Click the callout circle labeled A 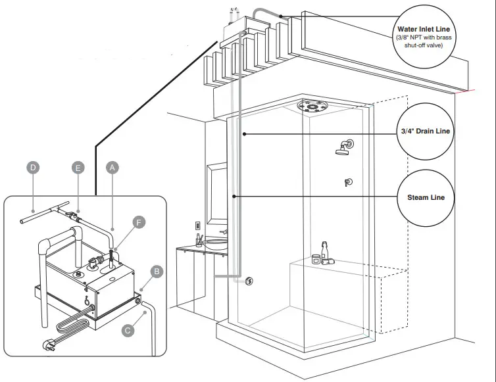[x=112, y=168]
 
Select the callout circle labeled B [x=157, y=270]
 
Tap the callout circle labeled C [x=128, y=330]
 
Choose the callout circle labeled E [x=78, y=168]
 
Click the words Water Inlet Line [x=424, y=30]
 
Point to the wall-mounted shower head [x=344, y=148]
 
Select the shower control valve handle [x=348, y=182]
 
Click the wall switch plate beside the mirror [x=197, y=226]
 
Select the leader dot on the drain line [x=244, y=134]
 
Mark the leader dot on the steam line [x=234, y=196]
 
